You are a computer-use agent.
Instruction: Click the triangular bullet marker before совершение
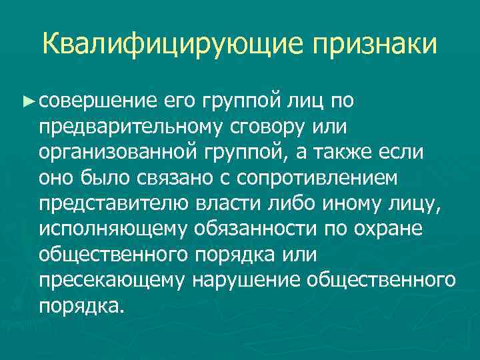(27, 101)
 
